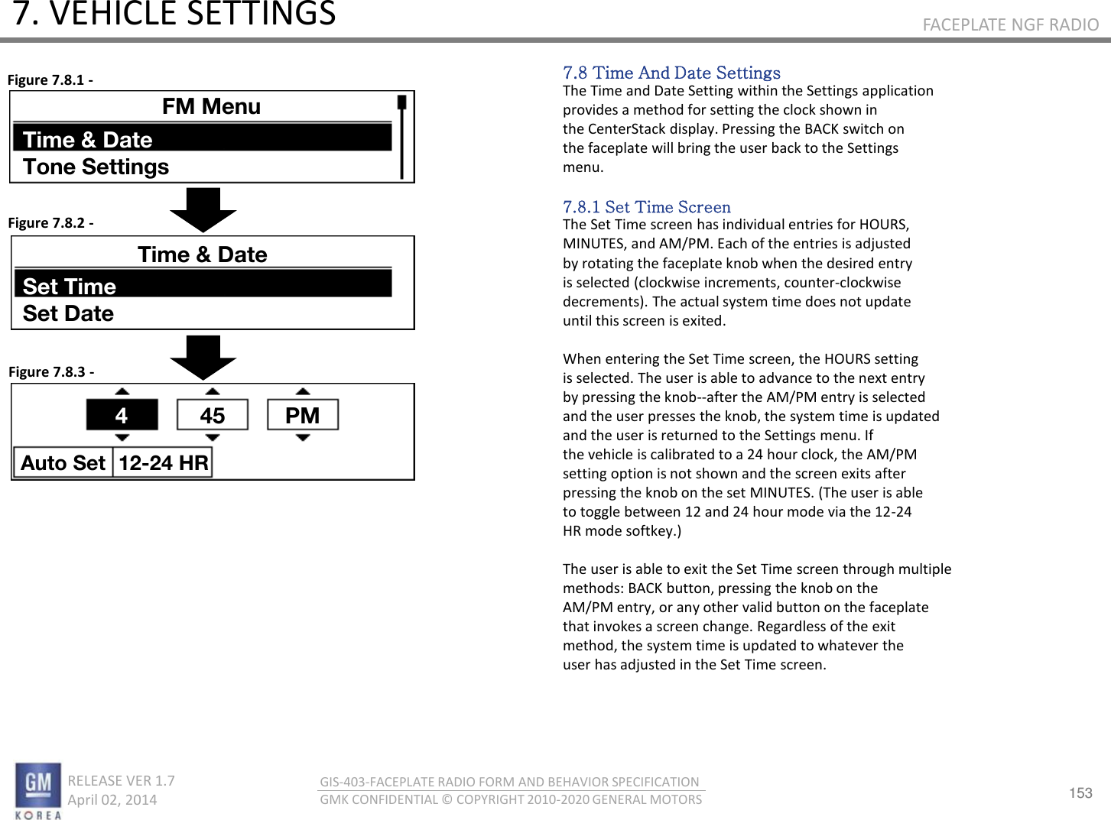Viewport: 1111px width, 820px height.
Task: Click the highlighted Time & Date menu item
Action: [203, 139]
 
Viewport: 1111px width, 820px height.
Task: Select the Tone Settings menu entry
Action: [96, 167]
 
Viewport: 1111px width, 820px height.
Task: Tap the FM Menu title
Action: [211, 106]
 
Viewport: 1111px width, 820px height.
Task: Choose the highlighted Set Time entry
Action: [203, 286]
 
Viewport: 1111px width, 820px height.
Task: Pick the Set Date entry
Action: [69, 313]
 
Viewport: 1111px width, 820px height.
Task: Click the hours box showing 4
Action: [122, 415]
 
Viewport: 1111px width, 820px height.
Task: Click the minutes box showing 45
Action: [213, 415]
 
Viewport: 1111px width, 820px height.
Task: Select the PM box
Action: [303, 415]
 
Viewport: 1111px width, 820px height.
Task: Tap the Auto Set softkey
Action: [63, 462]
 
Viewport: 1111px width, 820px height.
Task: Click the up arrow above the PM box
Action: [303, 391]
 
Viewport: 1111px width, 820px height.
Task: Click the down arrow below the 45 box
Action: [213, 438]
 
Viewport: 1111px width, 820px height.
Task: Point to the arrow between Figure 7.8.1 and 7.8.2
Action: [203, 209]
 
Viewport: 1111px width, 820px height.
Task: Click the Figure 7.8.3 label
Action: [51, 372]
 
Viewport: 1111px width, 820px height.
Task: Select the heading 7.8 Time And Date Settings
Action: [671, 73]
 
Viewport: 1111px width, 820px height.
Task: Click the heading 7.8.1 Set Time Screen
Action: [647, 207]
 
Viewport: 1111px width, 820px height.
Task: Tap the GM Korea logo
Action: [38, 789]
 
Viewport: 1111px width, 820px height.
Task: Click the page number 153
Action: [1080, 792]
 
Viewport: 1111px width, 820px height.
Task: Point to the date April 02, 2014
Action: [112, 799]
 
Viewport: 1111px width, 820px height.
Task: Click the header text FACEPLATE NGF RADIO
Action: [1010, 24]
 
